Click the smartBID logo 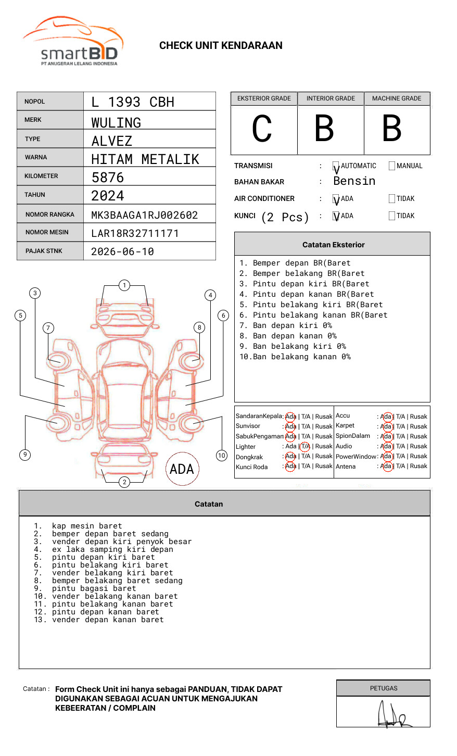coord(73,42)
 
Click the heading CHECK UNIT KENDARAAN coord(221,46)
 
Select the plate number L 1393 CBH coord(133,102)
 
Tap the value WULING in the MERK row coord(116,123)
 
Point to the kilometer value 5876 coord(108,178)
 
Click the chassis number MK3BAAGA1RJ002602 coord(144,215)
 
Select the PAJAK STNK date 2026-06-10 coord(122,251)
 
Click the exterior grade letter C coord(262,129)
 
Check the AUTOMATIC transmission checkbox coord(336,166)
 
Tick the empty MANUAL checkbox coord(392,166)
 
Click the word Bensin coord(354,181)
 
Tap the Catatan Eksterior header coord(333,245)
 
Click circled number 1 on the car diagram coord(124,285)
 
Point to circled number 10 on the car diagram coord(222,456)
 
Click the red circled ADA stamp coord(182,469)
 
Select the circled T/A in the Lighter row coord(305,446)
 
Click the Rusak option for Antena coord(418,467)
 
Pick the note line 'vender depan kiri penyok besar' coord(122,542)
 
